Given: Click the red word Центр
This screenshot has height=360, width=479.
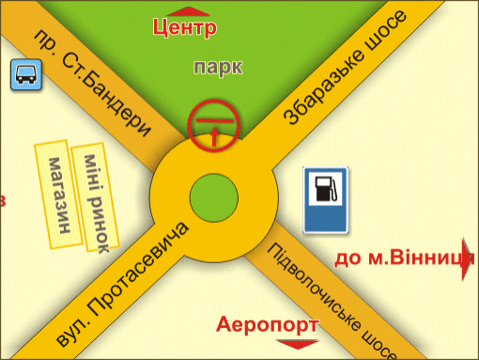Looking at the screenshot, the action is pos(185,28).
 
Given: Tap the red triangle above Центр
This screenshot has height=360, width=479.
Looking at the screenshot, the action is pos(189,12).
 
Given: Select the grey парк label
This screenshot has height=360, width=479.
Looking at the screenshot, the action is pos(218,68).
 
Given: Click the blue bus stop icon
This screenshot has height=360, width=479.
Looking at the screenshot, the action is pos(26,74).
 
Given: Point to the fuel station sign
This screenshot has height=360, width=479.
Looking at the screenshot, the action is pos(326,200).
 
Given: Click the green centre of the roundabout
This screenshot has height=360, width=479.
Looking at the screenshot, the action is pos(214,198).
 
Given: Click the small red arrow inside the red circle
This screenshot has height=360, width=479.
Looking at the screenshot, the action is pos(214,136).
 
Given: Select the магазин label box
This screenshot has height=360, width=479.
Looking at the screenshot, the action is pos(58,195).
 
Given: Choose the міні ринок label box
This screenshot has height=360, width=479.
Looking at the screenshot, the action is pos(96,197).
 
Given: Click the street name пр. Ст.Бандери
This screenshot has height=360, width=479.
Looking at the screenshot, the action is pos(92,83).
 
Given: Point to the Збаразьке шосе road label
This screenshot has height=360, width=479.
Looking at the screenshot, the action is pos(346,67).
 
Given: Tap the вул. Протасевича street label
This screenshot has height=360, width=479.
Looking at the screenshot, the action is pos(122,285).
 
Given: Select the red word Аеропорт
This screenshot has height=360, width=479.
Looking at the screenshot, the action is pos(267,325).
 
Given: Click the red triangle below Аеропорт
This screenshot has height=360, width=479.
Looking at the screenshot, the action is pos(298,344).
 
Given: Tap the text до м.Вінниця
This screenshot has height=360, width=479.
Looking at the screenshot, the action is pos(404,258).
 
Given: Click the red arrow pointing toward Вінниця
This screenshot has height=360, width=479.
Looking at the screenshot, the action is pos(467,259).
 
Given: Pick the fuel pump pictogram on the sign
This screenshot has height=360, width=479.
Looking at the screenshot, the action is pos(326,189).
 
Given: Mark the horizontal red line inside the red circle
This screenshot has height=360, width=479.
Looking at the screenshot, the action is pos(214,120).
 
